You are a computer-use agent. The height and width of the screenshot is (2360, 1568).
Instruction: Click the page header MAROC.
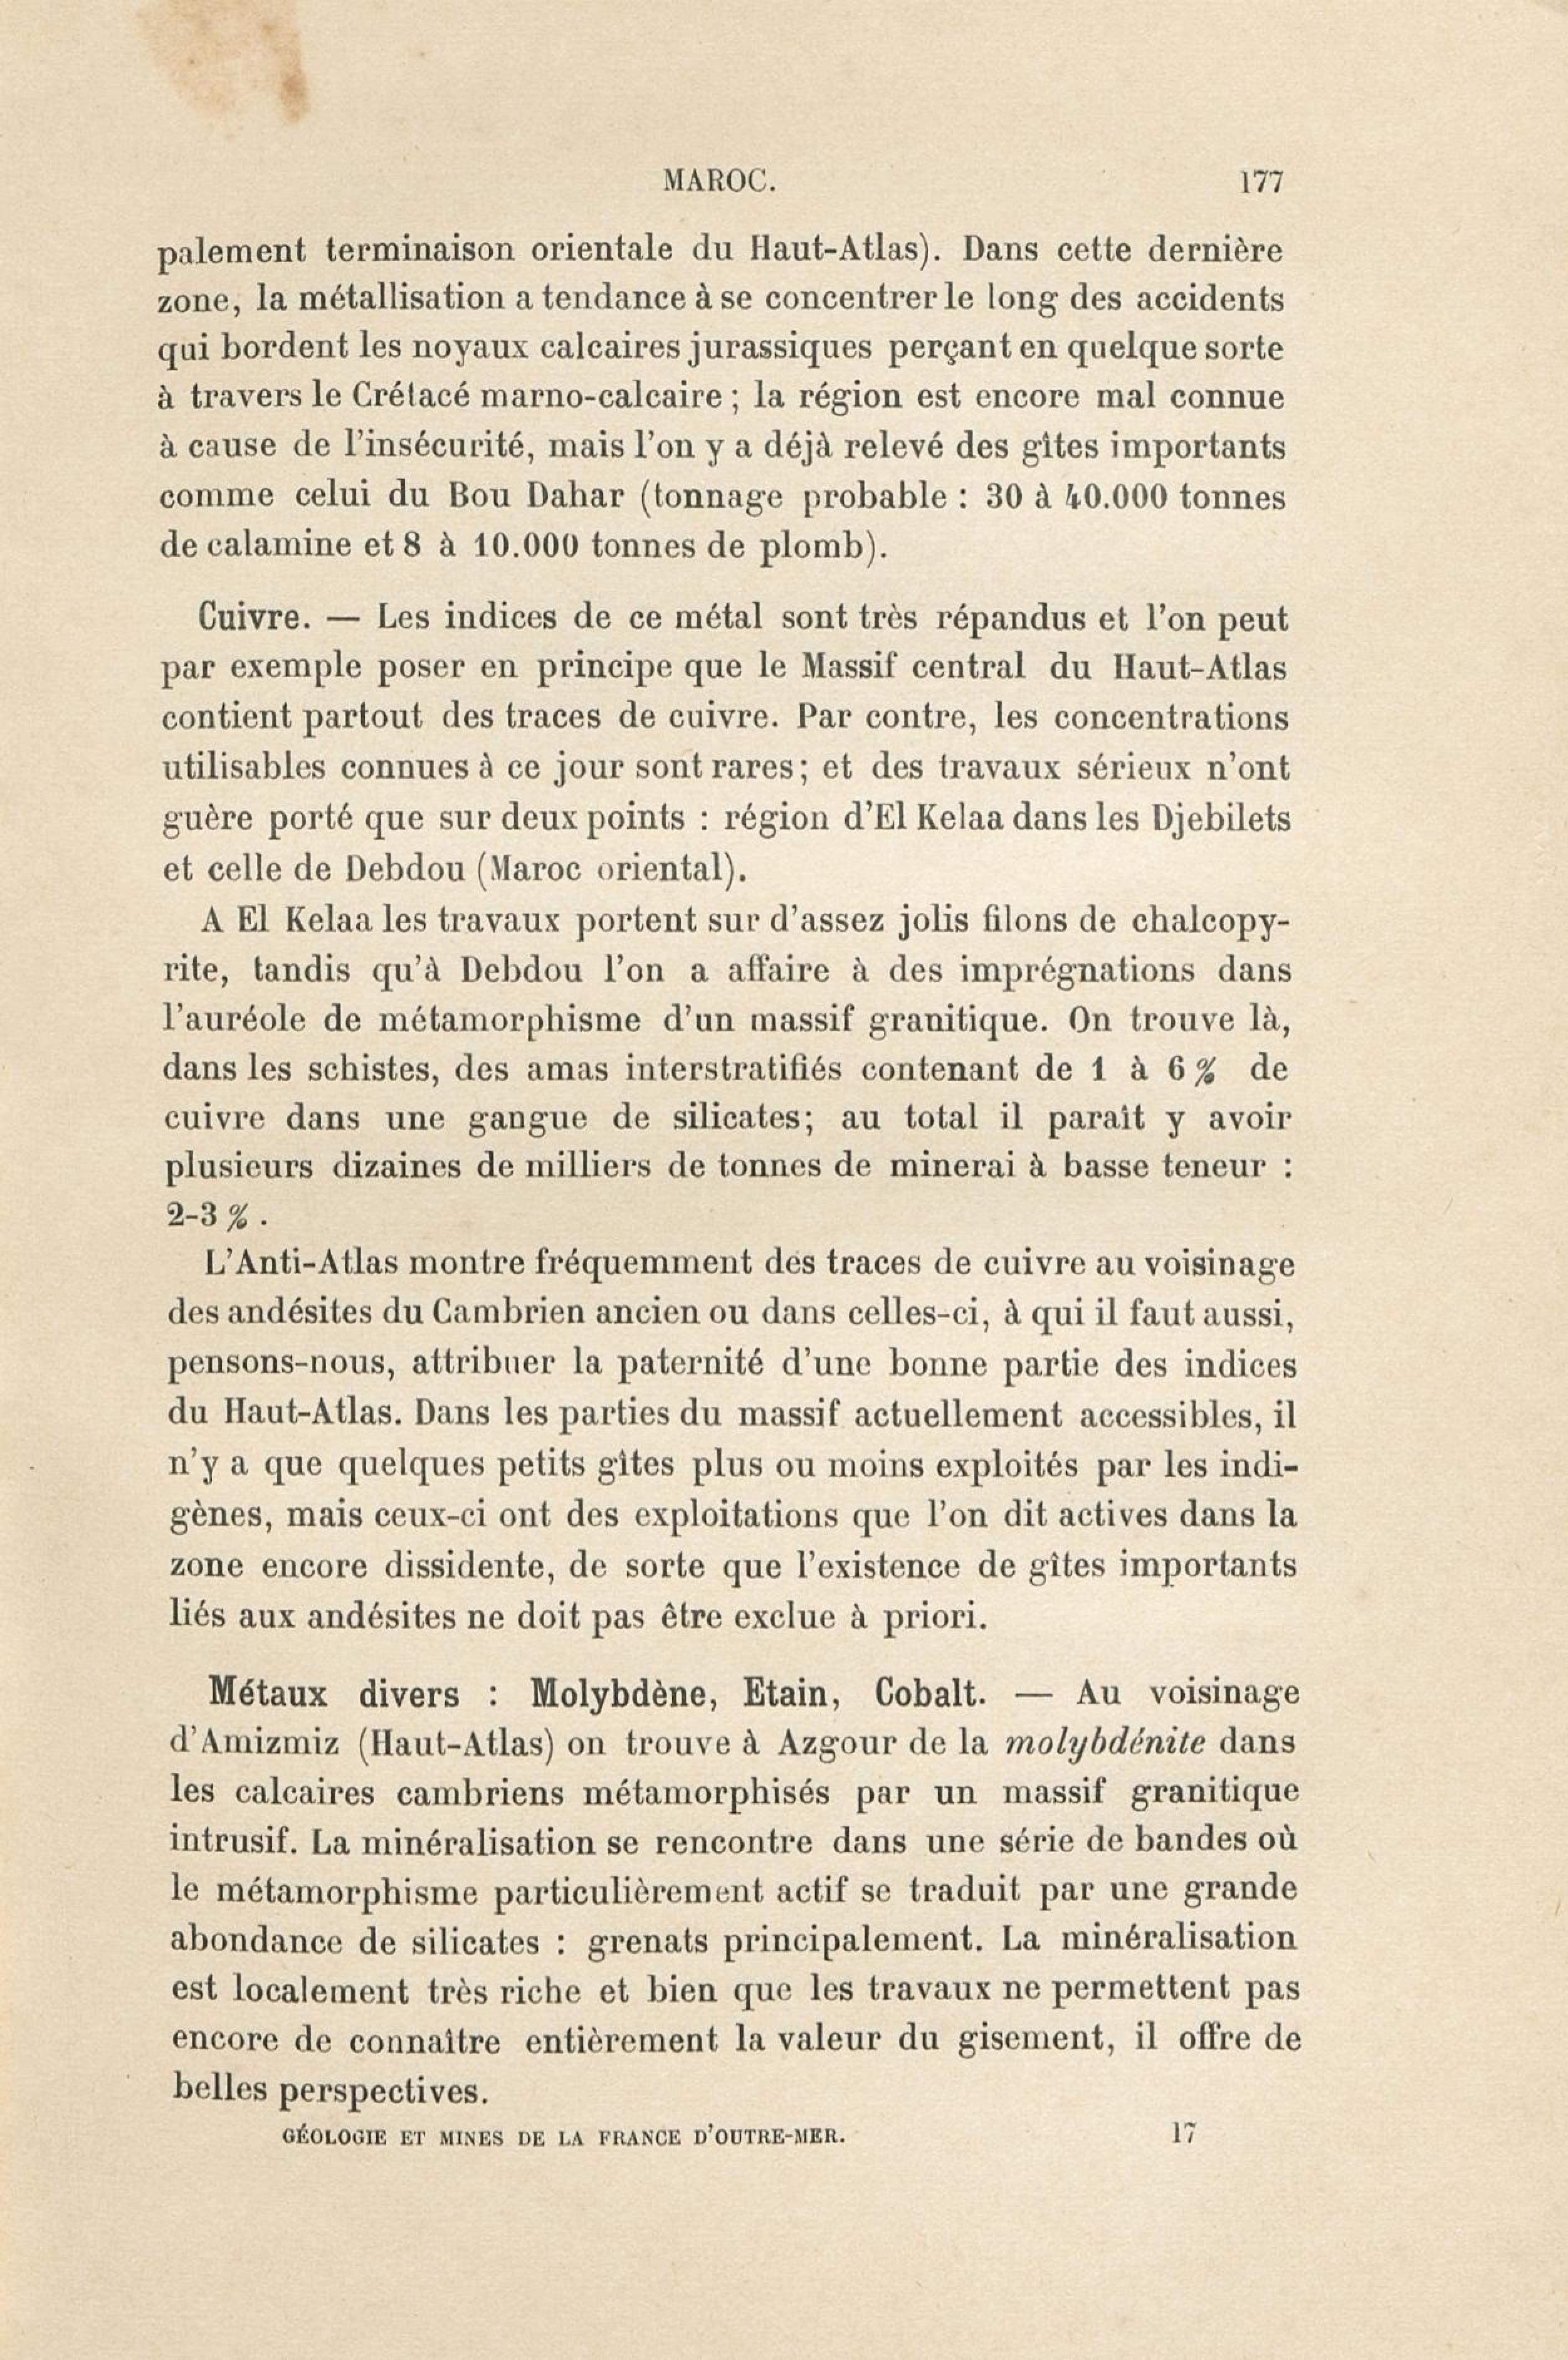[719, 183]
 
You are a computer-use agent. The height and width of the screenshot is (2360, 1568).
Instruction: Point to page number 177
[1260, 183]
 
